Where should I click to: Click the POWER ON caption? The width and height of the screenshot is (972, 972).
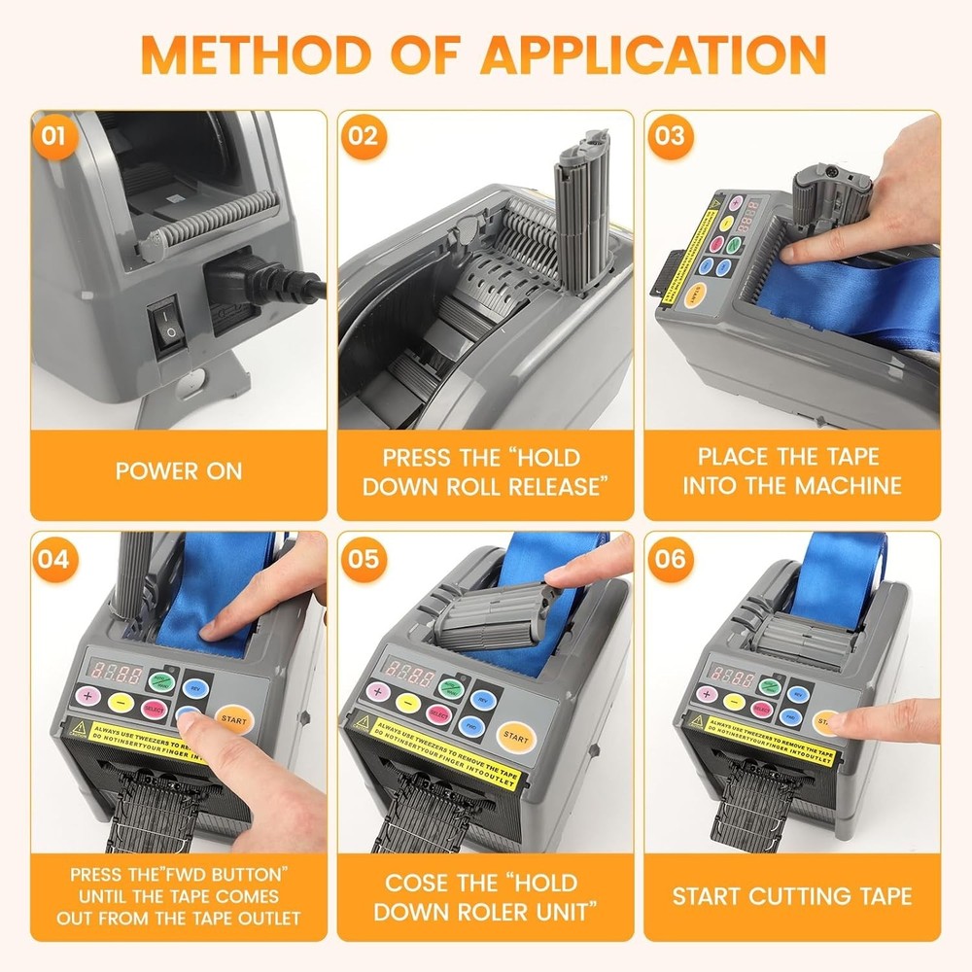pos(179,471)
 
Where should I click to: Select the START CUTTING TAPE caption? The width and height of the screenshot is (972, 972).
pos(791,895)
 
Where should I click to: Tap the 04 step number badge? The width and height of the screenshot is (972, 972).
pos(53,561)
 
